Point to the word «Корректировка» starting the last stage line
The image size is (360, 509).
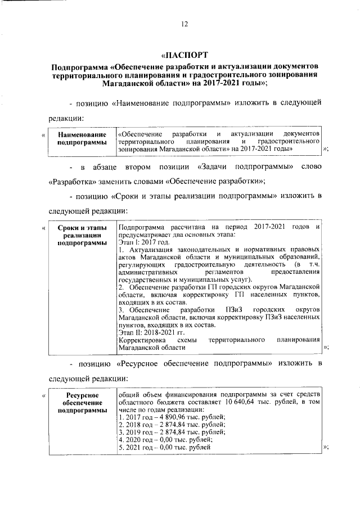(141, 341)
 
